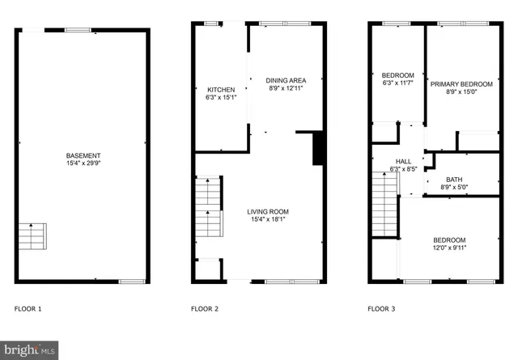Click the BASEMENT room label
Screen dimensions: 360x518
(x=83, y=155)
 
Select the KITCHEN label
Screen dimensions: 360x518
(x=221, y=90)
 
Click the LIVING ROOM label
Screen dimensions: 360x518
(x=268, y=211)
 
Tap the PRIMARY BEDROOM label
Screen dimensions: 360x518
(x=461, y=84)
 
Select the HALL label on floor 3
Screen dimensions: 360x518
(x=404, y=161)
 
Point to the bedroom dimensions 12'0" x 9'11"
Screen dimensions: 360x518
(x=449, y=248)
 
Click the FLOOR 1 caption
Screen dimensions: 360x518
(x=28, y=308)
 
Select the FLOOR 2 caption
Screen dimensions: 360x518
(x=204, y=308)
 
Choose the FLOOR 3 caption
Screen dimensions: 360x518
(x=381, y=308)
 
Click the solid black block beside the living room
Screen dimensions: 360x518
(x=318, y=148)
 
